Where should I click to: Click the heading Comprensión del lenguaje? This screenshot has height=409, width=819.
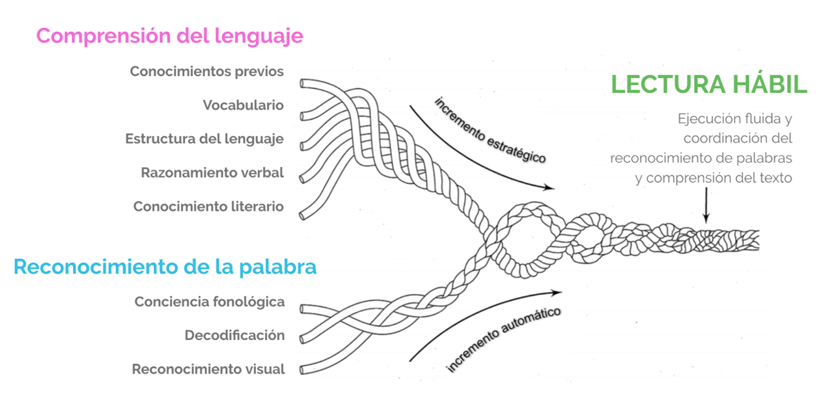coord(169,35)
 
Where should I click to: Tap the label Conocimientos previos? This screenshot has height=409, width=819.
coord(207,72)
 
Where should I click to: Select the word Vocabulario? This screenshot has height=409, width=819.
coord(243,105)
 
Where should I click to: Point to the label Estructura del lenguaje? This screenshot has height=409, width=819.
coord(204,139)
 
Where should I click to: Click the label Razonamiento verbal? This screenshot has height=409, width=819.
coord(212,173)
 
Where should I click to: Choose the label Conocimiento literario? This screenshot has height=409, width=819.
coord(208,207)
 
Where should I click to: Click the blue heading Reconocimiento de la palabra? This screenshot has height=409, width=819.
coord(165,267)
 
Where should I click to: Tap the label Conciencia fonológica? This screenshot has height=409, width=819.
coord(210,302)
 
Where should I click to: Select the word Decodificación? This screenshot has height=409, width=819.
coord(234,336)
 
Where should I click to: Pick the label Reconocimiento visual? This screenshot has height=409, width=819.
coord(208,369)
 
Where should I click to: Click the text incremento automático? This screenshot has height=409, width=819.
coord(503,339)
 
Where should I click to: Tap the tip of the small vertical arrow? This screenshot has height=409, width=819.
coord(706,223)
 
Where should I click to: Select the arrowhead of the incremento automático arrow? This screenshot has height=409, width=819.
coord(560,291)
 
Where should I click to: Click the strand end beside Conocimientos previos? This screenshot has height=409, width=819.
coord(303,83)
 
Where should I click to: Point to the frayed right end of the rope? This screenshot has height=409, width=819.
coord(755,238)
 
